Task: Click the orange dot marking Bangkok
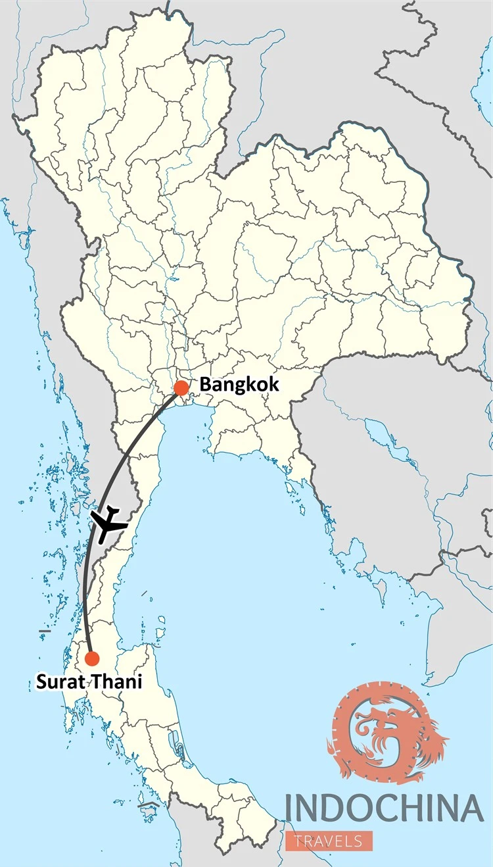point(181,388)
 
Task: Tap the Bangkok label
point(239,384)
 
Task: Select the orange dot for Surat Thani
point(92,658)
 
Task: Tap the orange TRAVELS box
point(329,841)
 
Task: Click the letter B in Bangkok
point(205,384)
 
